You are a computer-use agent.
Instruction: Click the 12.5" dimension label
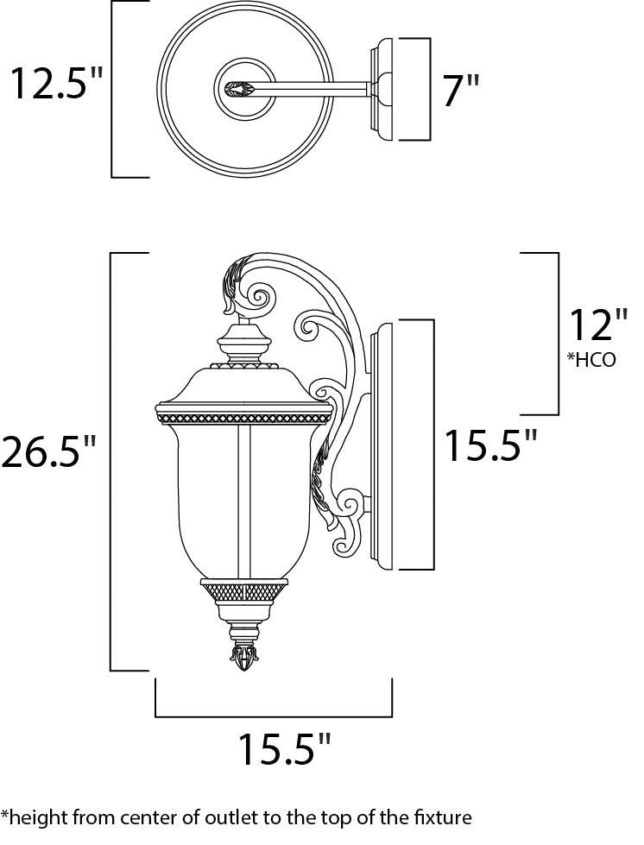pyautogui.click(x=54, y=85)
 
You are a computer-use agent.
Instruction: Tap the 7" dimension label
pyautogui.click(x=460, y=91)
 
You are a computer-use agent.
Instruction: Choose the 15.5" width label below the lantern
pyautogui.click(x=284, y=750)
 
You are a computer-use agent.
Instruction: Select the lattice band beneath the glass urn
pyautogui.click(x=243, y=592)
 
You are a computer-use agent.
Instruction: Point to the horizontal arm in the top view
pyautogui.click(x=319, y=87)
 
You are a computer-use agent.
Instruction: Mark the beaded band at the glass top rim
pyautogui.click(x=243, y=417)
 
